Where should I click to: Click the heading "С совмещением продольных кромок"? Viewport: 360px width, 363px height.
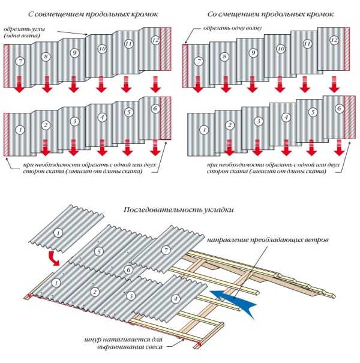click(93, 14)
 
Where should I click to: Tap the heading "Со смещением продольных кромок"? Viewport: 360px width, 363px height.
click(270, 14)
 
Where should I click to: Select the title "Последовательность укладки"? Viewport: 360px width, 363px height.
click(178, 210)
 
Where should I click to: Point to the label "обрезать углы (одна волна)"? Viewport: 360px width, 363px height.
click(24, 32)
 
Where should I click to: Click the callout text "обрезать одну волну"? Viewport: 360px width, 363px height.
click(232, 28)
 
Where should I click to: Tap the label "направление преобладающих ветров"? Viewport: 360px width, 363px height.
click(268, 240)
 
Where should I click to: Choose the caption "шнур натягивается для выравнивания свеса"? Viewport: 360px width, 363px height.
click(124, 343)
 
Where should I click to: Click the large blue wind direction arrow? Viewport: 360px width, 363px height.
click(233, 301)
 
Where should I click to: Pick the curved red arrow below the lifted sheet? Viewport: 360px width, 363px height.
click(54, 259)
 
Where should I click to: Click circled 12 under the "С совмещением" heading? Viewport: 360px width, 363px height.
click(156, 40)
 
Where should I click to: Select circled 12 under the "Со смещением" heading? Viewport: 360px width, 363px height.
click(334, 40)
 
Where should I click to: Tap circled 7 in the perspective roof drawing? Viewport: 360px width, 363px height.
click(166, 250)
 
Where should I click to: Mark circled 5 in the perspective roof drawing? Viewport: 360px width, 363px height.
click(99, 251)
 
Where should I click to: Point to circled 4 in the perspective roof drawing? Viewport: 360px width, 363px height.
click(175, 299)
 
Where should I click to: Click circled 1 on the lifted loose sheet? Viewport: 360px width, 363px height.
click(58, 232)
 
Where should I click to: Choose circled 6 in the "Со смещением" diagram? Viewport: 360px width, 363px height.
click(340, 109)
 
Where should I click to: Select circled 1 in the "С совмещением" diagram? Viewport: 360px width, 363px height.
click(20, 130)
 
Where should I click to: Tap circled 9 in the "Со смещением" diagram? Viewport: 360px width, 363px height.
click(253, 53)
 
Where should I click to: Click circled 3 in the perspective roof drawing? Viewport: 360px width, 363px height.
click(131, 296)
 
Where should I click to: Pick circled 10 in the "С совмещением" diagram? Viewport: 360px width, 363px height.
click(102, 49)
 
